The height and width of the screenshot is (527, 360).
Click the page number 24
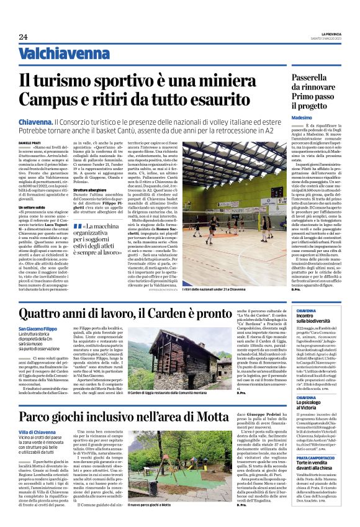23,38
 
